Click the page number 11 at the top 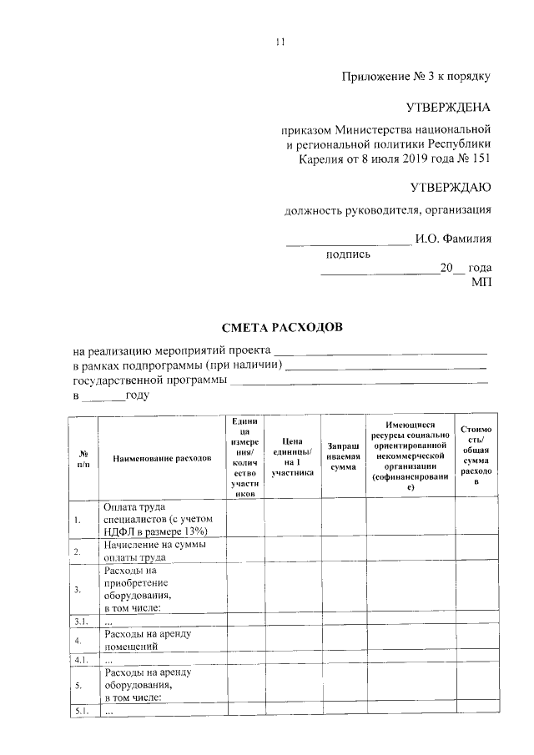[280, 43]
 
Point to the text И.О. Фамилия [453, 239]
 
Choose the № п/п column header [83, 459]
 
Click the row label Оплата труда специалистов [154, 519]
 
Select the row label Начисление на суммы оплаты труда [154, 552]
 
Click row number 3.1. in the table [82, 622]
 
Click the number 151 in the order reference [480, 158]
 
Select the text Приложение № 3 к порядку [416, 77]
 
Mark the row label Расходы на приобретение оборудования [139, 589]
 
